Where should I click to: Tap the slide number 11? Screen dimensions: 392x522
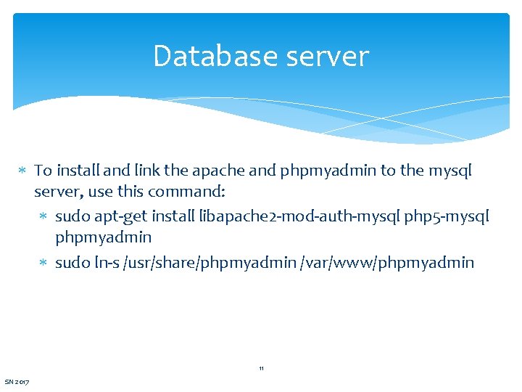[261, 369]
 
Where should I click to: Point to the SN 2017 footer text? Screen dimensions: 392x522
[17, 382]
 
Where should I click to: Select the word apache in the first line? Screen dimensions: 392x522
[216, 171]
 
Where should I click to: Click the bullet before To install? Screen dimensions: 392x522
[22, 172]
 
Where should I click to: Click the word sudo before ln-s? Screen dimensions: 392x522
[72, 263]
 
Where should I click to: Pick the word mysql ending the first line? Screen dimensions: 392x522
[450, 171]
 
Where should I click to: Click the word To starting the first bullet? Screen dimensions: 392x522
[43, 171]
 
